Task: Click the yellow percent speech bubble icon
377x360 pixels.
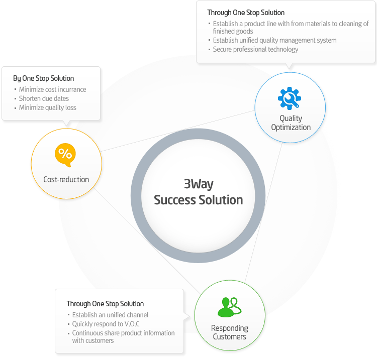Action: (65, 155)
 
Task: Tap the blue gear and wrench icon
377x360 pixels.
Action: (290, 98)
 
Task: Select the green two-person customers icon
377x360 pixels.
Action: (229, 307)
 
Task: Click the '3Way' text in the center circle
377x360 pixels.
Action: (199, 184)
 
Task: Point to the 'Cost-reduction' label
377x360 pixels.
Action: (66, 179)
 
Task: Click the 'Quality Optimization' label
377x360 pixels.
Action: (291, 123)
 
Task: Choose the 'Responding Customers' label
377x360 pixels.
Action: (230, 332)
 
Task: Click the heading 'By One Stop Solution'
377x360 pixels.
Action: (44, 78)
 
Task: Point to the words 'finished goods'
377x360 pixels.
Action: (233, 31)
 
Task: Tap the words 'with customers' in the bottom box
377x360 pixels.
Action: (93, 340)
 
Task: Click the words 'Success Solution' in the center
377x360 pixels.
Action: (199, 200)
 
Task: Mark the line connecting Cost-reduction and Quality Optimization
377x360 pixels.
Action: (177, 131)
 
